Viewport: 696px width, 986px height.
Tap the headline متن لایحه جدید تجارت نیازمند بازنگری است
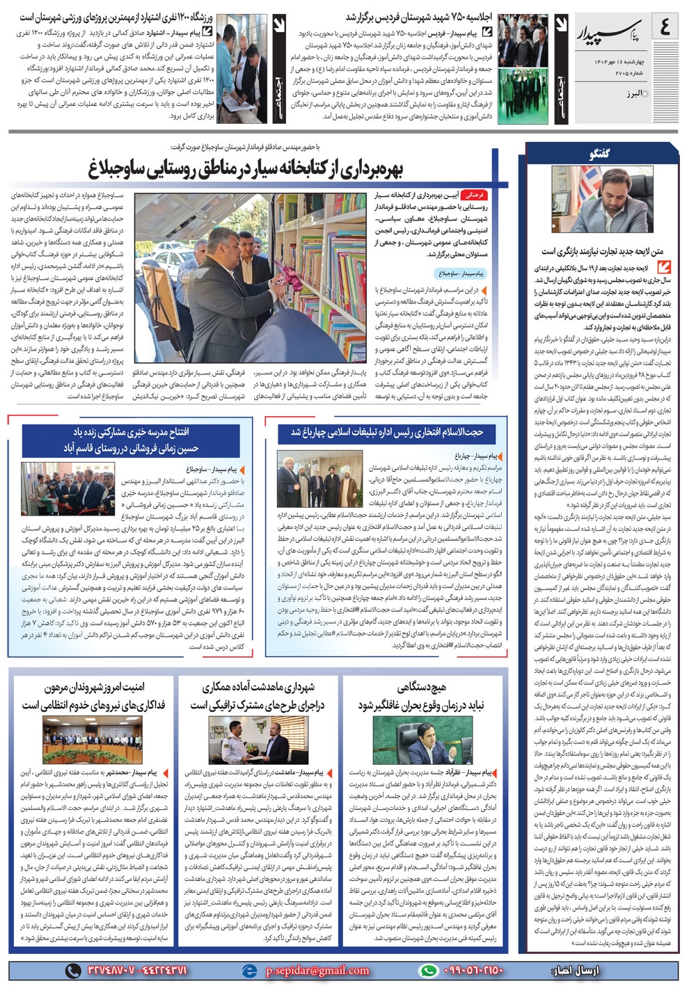(x=603, y=252)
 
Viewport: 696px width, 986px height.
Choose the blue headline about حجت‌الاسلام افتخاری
(x=386, y=432)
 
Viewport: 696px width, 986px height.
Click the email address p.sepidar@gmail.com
(x=317, y=970)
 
